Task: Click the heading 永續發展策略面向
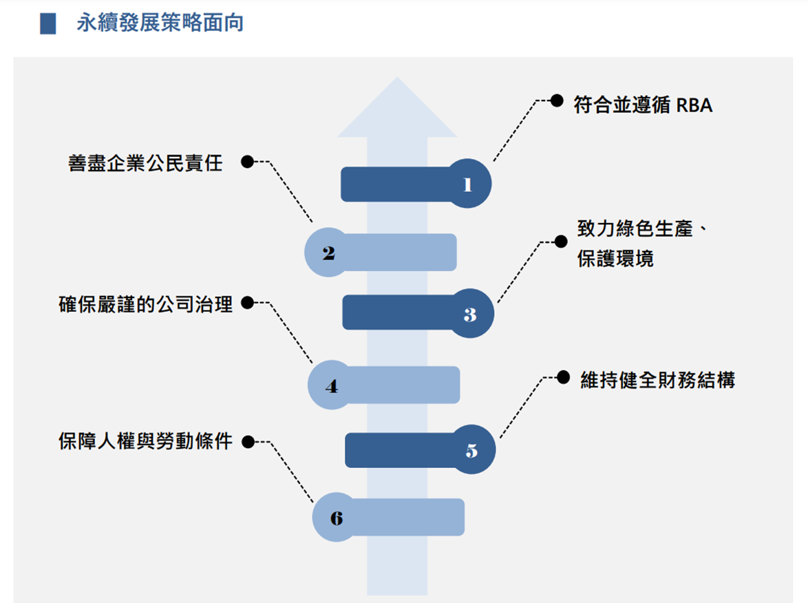tap(160, 23)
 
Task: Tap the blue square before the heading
tap(48, 24)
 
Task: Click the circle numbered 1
tap(469, 184)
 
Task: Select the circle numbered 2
tap(328, 253)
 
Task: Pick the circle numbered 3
tap(471, 315)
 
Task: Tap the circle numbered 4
tap(331, 385)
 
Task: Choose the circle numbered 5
tap(472, 451)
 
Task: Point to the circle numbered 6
tap(336, 518)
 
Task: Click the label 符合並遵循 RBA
tap(643, 105)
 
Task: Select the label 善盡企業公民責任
tap(146, 163)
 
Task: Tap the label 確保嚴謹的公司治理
tap(146, 304)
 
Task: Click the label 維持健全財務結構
tap(657, 379)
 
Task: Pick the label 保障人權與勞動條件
tap(146, 441)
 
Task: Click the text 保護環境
tap(615, 260)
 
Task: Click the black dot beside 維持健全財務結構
tap(563, 377)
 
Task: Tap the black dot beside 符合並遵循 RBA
tap(557, 100)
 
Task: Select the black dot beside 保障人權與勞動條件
tap(248, 441)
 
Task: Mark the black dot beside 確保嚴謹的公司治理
tap(248, 302)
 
